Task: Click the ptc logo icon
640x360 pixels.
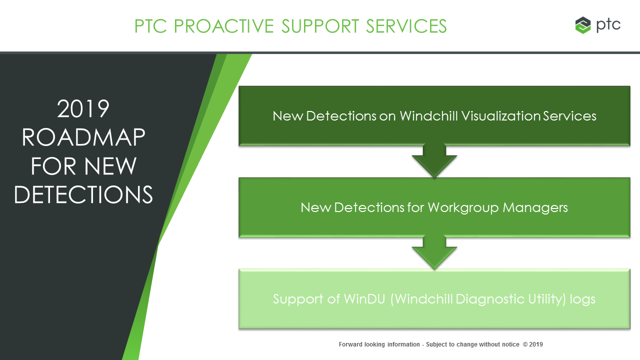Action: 583,25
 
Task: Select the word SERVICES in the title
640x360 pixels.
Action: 406,26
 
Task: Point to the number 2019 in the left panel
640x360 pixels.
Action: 83,109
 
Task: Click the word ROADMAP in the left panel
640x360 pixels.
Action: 83,138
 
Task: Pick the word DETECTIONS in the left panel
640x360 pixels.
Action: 83,195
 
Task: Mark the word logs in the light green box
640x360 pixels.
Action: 583,299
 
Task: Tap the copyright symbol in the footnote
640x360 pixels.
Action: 524,344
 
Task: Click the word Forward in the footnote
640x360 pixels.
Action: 350,344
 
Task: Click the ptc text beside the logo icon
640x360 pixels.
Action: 608,24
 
